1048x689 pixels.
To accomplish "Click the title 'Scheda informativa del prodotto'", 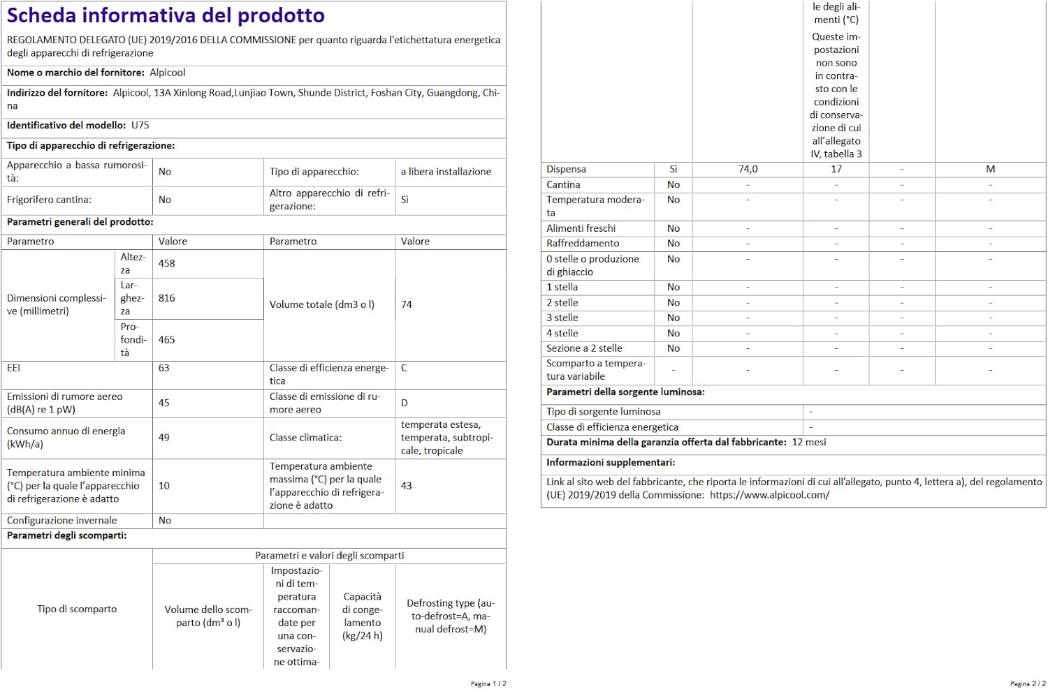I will pyautogui.click(x=166, y=15).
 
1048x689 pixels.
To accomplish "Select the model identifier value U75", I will pyautogui.click(x=140, y=126).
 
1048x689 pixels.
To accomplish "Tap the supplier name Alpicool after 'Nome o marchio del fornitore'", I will pyautogui.click(x=168, y=73).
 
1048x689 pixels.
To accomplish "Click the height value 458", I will pyautogui.click(x=167, y=264).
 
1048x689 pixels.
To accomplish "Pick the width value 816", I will pyautogui.click(x=167, y=298).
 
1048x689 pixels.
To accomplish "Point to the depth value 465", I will pyautogui.click(x=167, y=340).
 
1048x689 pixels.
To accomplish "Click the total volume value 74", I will pyautogui.click(x=407, y=305).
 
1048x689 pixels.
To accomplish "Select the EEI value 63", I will pyautogui.click(x=164, y=368).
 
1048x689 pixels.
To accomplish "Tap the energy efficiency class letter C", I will pyautogui.click(x=404, y=368).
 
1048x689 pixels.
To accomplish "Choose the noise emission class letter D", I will pyautogui.click(x=405, y=403).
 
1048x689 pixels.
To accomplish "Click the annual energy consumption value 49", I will pyautogui.click(x=164, y=438).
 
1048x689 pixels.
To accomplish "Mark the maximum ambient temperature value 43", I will pyautogui.click(x=407, y=486).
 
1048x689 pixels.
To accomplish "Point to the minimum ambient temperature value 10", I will pyautogui.click(x=164, y=486).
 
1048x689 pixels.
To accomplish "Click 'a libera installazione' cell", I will pyautogui.click(x=446, y=172).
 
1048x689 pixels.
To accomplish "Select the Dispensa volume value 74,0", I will pyautogui.click(x=748, y=170).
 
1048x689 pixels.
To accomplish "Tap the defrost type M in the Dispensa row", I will pyautogui.click(x=990, y=170).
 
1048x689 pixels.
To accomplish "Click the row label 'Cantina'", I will pyautogui.click(x=563, y=185).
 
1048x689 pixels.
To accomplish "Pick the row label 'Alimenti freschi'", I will pyautogui.click(x=581, y=228).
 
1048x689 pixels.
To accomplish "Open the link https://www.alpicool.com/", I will pyautogui.click(x=769, y=495).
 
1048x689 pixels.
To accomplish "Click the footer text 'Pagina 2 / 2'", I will pyautogui.click(x=1028, y=683).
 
